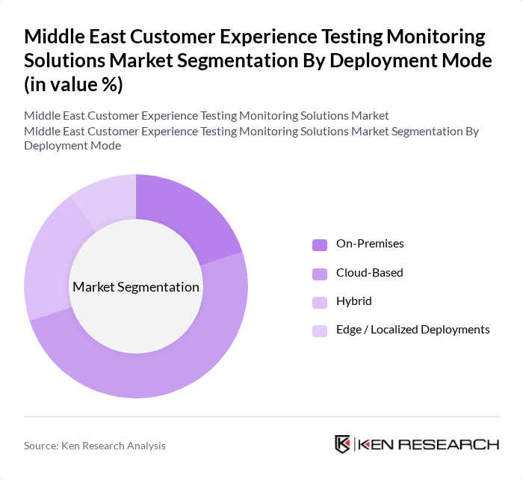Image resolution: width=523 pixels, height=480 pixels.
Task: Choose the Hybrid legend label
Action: (354, 301)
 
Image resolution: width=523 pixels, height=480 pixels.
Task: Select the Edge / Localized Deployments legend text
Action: (413, 329)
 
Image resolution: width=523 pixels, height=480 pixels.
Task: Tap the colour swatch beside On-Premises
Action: (319, 244)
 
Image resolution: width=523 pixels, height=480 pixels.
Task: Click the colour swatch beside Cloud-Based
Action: (319, 273)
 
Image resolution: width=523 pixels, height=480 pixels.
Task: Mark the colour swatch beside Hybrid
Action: (319, 301)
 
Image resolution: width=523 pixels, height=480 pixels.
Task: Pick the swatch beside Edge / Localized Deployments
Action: (319, 330)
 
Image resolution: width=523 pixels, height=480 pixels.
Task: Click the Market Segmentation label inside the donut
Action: (136, 287)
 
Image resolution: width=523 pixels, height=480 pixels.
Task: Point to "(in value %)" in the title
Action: (73, 84)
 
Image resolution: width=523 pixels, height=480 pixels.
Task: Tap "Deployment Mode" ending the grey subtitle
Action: (72, 145)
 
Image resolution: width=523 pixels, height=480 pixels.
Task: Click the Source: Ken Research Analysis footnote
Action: (95, 446)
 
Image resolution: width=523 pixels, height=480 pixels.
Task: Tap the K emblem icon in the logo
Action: (343, 444)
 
